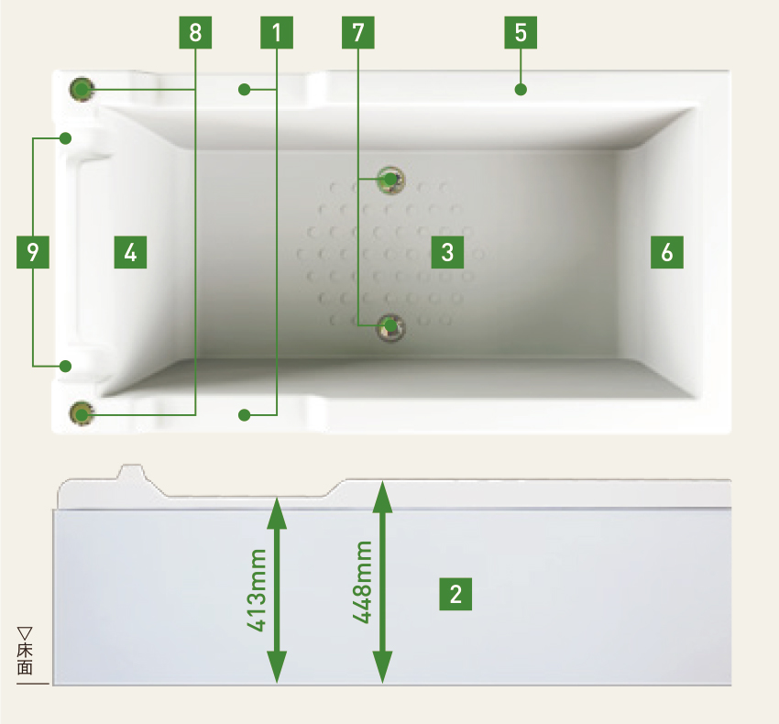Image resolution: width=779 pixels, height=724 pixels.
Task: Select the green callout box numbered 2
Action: click(455, 594)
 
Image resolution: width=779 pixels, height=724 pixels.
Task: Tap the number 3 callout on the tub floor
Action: click(447, 251)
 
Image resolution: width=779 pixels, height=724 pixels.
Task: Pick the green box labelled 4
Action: click(131, 251)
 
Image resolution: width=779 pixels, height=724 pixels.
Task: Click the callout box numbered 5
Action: click(521, 33)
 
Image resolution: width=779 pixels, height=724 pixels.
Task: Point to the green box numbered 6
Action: click(667, 251)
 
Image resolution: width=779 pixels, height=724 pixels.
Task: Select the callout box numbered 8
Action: click(195, 33)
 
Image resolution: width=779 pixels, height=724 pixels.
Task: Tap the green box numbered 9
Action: click(33, 251)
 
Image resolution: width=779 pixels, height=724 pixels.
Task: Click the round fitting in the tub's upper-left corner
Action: click(82, 89)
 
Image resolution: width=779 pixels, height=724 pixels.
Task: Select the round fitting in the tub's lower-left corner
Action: click(82, 414)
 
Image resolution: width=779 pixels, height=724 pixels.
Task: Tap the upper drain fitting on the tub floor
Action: click(391, 179)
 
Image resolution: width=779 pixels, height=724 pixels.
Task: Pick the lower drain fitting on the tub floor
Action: click(391, 324)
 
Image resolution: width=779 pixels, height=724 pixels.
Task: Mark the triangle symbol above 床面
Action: click(25, 632)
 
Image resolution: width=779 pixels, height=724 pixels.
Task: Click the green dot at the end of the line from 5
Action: click(521, 89)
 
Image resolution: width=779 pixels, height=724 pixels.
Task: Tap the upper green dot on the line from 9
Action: click(66, 138)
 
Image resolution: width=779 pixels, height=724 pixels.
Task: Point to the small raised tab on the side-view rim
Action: click(131, 471)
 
